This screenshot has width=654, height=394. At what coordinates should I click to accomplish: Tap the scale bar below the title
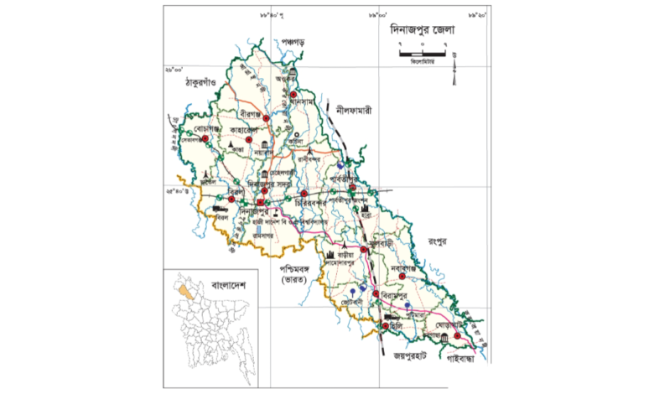(x=422, y=54)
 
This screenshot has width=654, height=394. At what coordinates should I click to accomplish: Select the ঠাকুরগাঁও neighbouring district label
(x=192, y=84)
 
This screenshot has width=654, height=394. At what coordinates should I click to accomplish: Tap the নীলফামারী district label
(x=352, y=110)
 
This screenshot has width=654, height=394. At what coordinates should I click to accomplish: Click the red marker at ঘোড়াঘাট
(x=458, y=336)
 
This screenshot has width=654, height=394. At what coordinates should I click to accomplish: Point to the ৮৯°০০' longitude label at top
(x=378, y=15)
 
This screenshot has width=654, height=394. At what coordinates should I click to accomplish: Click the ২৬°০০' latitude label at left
(x=174, y=70)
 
